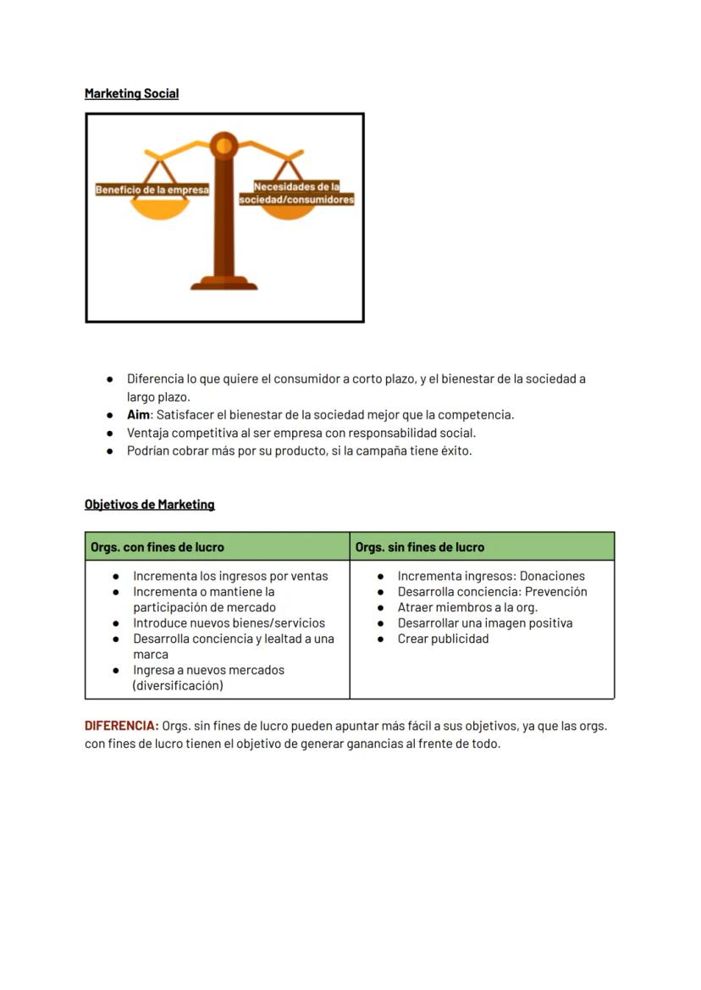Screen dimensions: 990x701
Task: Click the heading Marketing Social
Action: pos(131,94)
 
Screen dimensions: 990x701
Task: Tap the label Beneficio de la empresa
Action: pos(152,190)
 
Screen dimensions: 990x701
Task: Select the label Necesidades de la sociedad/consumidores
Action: pos(296,193)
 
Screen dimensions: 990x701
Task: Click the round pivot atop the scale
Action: pos(224,146)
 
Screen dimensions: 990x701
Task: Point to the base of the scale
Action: pos(224,284)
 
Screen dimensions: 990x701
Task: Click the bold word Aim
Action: pos(138,415)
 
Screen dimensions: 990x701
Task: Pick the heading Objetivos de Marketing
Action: pos(149,505)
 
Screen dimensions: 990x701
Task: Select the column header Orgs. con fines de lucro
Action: pos(157,547)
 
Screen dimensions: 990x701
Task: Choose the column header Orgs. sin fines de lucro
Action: pos(420,547)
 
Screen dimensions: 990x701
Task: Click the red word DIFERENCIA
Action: pos(121,726)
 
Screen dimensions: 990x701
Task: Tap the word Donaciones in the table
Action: pos(552,576)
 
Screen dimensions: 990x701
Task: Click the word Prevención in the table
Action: pos(555,592)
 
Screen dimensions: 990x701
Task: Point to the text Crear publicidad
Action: pos(443,639)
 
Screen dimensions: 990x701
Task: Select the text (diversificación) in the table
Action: pos(178,686)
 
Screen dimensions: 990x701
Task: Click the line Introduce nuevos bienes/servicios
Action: pos(229,623)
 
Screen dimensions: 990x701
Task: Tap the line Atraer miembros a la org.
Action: pos(467,607)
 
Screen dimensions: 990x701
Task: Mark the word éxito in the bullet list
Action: pos(454,451)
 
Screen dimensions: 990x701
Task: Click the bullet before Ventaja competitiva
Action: pos(110,433)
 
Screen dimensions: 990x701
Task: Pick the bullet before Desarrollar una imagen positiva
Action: pos(381,623)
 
